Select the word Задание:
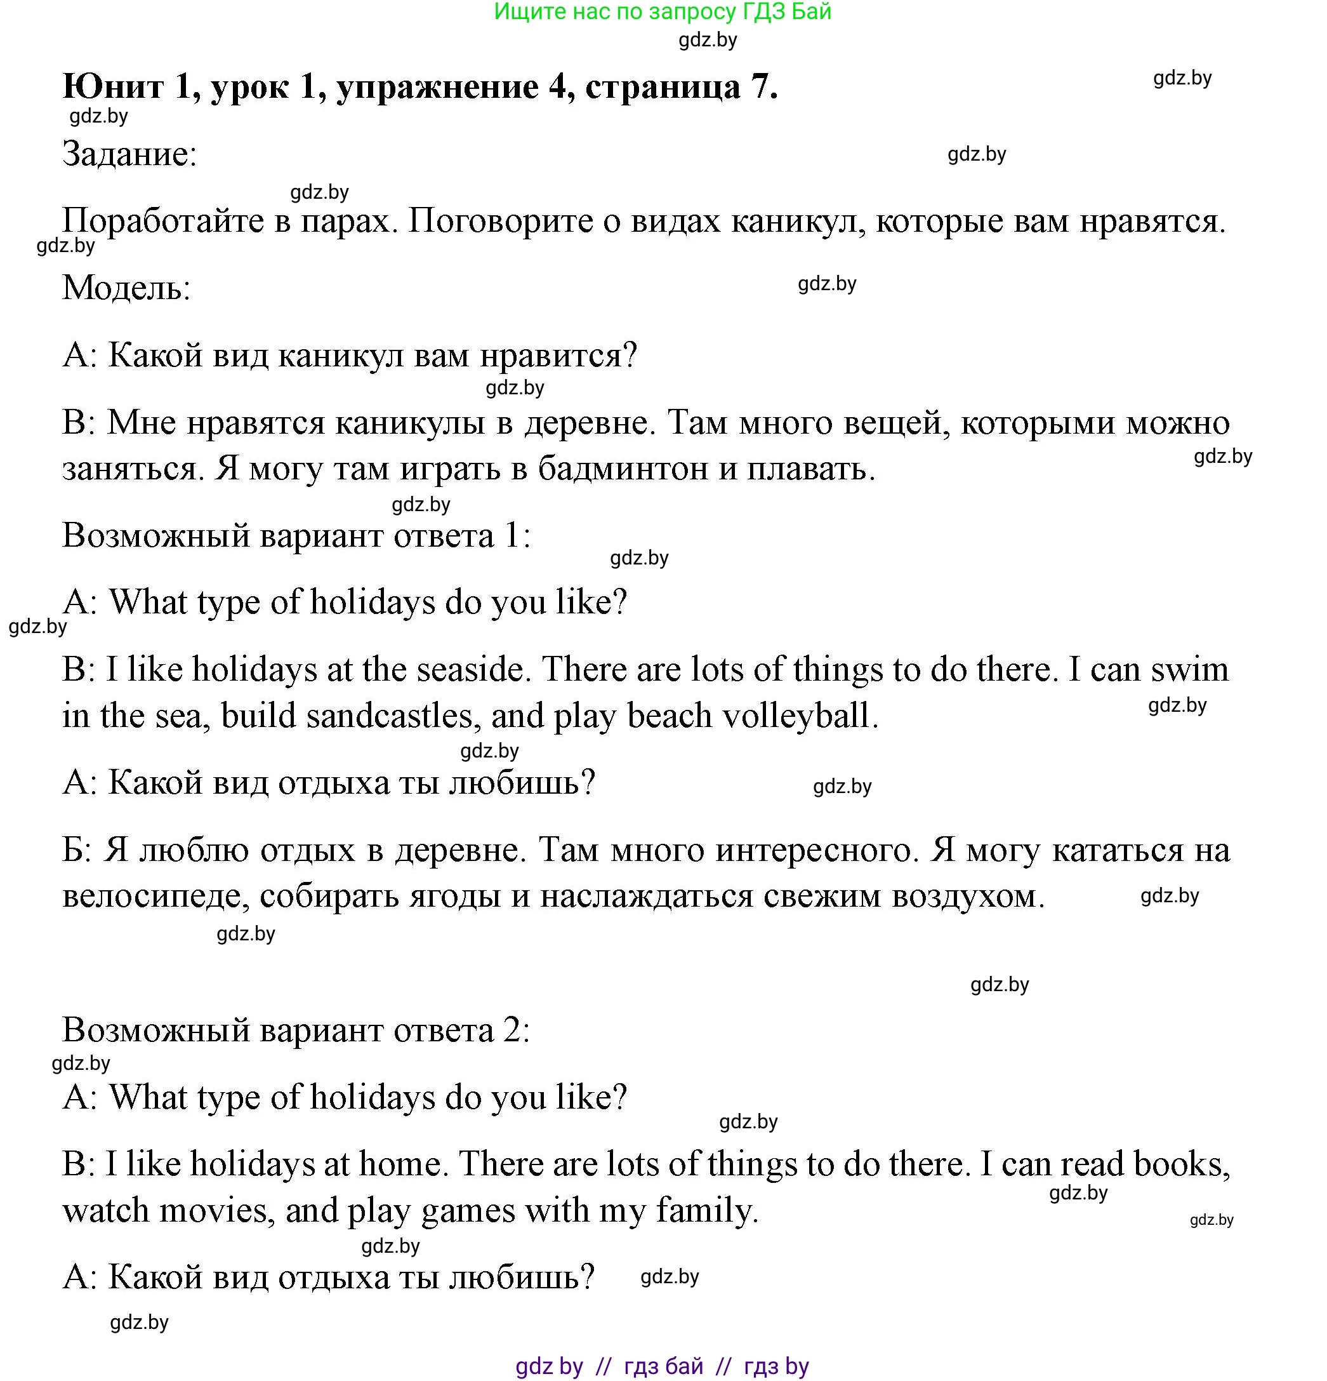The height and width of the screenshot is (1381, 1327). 129,154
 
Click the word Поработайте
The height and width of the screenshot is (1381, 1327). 175,221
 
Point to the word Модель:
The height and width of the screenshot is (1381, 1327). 127,288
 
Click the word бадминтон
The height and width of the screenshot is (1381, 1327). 623,469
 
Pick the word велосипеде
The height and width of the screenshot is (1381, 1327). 155,897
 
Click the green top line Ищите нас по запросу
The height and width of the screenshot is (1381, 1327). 662,11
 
